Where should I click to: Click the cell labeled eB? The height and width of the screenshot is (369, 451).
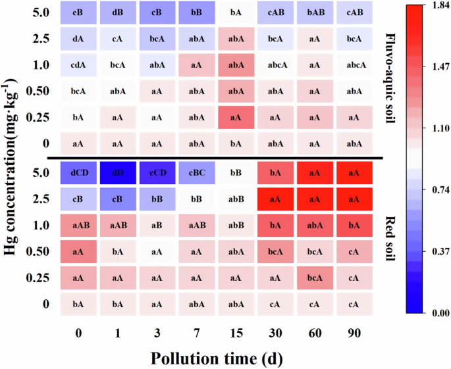pos(78,12)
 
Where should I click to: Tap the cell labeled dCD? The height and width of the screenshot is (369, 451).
pos(78,173)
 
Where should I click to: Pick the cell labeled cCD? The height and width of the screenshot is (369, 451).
pos(157,173)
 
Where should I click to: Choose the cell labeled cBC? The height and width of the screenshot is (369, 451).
pos(197,173)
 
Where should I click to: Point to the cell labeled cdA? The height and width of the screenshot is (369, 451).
pos(78,64)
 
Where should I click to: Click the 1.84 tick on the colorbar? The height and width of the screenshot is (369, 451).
pos(437,6)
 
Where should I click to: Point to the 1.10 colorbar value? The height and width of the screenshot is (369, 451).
pos(437,128)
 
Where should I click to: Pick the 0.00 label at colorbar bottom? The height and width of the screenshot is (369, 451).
pos(437,313)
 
